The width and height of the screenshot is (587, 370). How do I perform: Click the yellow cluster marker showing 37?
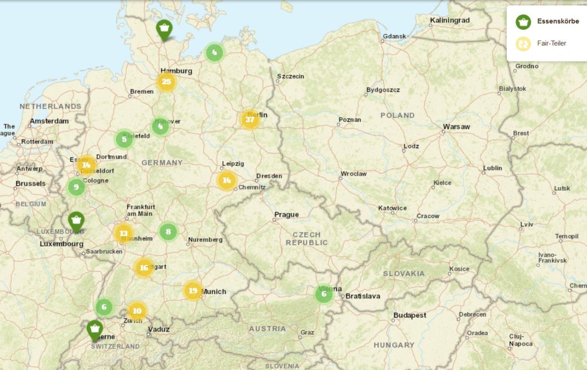click(250, 120)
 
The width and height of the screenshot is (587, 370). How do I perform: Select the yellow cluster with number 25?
click(166, 82)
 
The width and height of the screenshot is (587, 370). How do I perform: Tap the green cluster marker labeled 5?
click(124, 140)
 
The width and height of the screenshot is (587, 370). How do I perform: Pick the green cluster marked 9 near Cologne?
click(76, 187)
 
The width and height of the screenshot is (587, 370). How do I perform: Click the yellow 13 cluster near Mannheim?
click(124, 234)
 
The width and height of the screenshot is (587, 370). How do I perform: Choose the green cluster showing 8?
click(168, 232)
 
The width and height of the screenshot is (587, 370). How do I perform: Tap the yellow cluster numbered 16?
click(144, 268)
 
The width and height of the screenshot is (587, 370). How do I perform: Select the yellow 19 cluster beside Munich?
click(193, 291)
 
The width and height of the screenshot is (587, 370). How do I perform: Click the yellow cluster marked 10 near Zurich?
click(137, 310)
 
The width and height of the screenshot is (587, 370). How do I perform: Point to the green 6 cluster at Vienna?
click(323, 294)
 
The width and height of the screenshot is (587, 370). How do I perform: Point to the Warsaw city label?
click(456, 127)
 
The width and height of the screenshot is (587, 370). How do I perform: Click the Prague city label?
click(286, 215)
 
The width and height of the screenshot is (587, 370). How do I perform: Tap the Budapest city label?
click(409, 316)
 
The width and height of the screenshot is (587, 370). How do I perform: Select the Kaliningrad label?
click(450, 21)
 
